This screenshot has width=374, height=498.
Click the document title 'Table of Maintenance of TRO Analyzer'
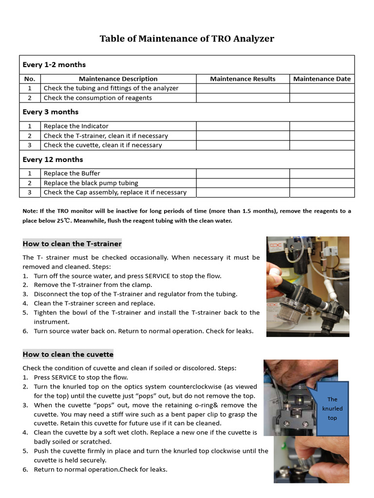coord(187,38)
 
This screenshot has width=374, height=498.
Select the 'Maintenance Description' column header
coord(118,79)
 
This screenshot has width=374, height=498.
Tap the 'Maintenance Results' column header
coord(243,79)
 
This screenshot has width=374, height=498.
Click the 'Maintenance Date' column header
coord(321,79)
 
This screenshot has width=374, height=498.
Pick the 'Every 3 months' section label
coord(50,112)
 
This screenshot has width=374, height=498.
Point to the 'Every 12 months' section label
coord(53,160)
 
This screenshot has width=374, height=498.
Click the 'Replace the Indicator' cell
coord(76,126)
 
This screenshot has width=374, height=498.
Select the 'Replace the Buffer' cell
coord(72,173)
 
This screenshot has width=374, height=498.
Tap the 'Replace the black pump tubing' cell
coord(91,183)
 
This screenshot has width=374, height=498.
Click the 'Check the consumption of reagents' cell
coord(97,98)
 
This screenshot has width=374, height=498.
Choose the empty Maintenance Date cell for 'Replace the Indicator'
coord(321,126)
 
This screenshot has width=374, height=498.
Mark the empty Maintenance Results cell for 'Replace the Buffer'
coord(243,173)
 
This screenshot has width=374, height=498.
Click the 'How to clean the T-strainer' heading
coord(72,244)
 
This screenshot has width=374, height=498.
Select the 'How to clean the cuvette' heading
coord(68,354)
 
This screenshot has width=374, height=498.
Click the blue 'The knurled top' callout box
coord(332,409)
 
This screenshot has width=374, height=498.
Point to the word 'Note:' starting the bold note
coord(31,211)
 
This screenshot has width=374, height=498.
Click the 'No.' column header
coord(30,79)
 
